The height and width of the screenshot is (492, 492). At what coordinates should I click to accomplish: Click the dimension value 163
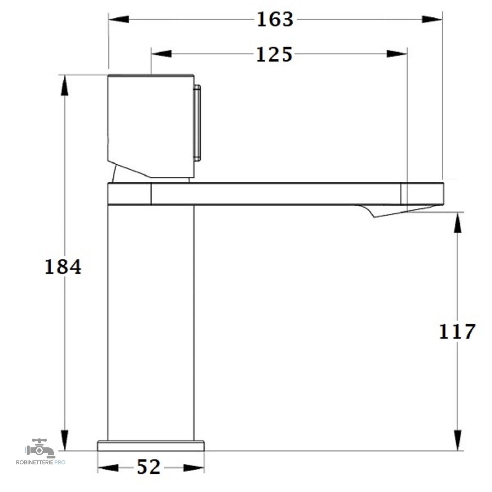coord(275,19)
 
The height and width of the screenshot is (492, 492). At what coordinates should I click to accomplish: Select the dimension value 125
coord(274,54)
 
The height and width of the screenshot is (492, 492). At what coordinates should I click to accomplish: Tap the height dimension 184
coord(63,267)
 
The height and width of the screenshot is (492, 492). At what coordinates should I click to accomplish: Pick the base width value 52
coord(149,467)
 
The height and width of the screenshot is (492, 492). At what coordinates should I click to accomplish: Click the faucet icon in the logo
coord(40,448)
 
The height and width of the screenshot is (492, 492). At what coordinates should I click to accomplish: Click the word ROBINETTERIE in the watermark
coord(35,462)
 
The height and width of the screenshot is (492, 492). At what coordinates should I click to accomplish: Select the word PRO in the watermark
coord(60,462)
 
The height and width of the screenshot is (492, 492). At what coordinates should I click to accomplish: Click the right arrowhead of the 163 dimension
coord(432,19)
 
